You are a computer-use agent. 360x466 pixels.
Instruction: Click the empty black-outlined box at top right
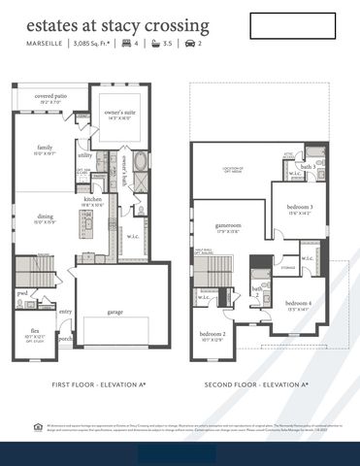point(291,26)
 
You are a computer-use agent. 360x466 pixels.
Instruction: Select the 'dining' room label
point(46,216)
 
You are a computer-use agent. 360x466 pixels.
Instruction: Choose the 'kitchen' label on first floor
point(93,198)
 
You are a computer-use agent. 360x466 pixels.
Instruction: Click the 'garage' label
point(115,312)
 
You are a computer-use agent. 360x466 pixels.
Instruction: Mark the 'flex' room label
point(34,331)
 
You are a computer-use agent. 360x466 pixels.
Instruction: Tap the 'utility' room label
point(85,154)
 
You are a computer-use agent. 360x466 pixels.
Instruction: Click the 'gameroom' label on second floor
point(228,224)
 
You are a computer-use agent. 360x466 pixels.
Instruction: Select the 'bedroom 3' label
point(300,207)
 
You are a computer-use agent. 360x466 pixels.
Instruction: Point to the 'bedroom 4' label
point(298,303)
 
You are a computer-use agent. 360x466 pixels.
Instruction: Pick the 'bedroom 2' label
point(213,334)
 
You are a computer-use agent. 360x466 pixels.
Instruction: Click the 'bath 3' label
point(308,167)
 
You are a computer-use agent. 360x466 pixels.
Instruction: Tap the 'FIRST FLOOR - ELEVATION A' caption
point(99,384)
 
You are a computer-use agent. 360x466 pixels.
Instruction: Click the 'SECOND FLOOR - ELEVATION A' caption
point(256,384)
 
